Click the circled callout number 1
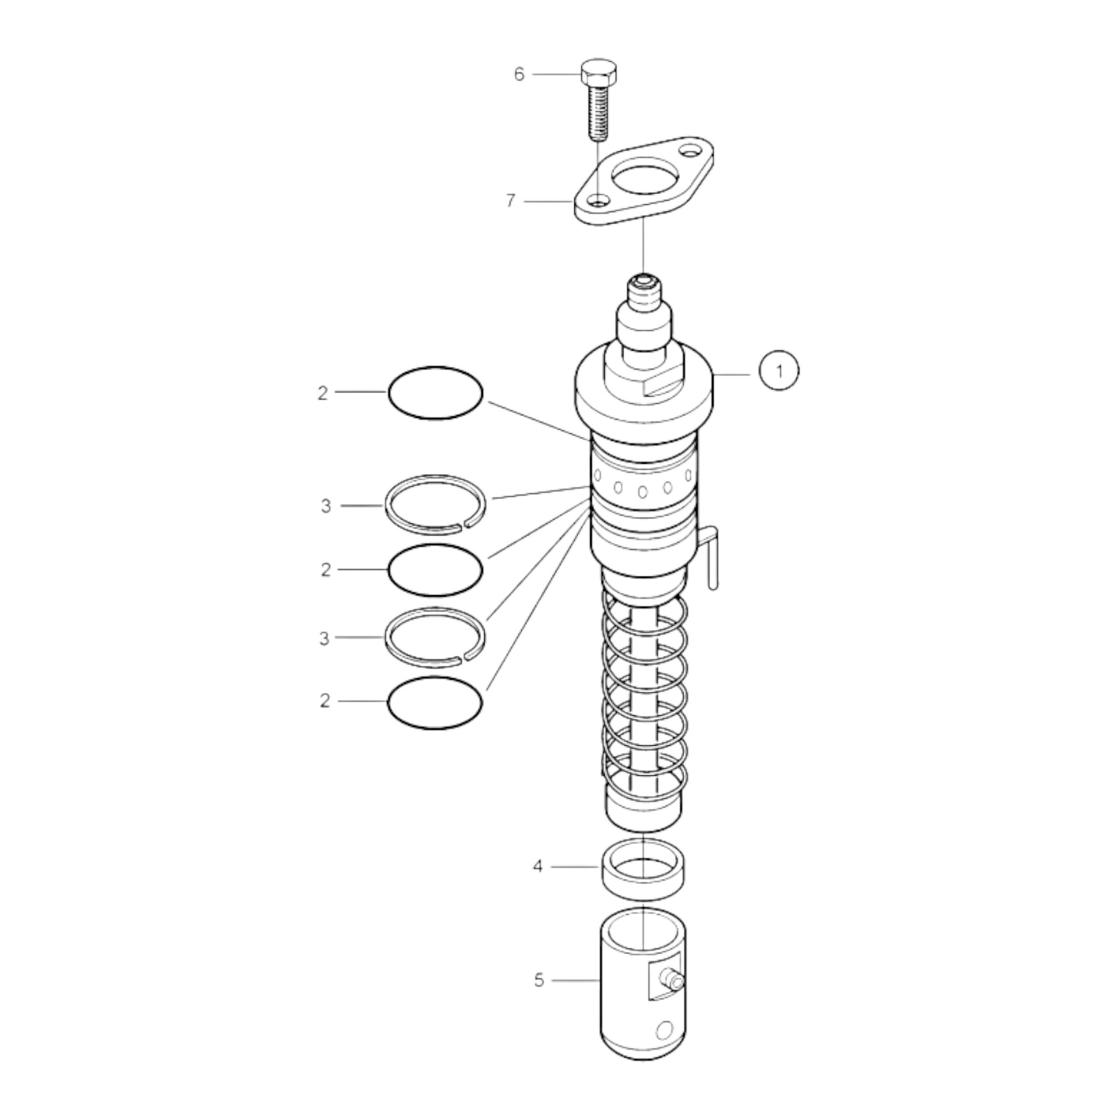coord(779,371)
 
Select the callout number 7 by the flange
coord(510,201)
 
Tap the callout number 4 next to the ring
coord(538,883)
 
